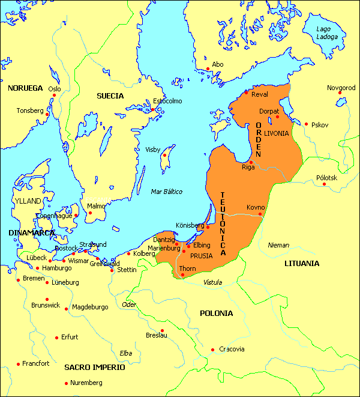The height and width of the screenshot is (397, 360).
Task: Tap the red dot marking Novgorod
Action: point(340,93)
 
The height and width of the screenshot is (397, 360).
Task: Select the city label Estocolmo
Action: point(167,101)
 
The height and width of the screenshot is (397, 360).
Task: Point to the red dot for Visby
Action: point(164,156)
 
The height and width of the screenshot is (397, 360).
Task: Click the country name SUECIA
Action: point(110,95)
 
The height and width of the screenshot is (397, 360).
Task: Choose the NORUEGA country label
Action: point(25,88)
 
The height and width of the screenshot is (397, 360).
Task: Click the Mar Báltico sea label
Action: point(166,192)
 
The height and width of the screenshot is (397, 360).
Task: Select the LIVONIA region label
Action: point(276,133)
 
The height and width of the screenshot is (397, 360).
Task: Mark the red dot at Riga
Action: point(251,162)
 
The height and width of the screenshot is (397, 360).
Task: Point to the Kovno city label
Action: point(255,208)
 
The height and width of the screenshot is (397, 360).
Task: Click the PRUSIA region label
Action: point(202,255)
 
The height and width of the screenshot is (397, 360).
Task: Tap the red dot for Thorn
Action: point(181,275)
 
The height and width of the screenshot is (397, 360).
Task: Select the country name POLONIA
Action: point(216,313)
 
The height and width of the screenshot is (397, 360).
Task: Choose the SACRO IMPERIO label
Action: point(95,367)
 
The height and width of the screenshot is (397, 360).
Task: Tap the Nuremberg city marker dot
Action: point(66,383)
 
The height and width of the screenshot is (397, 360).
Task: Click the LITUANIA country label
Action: point(302,262)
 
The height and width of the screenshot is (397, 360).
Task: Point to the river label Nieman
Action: point(278,245)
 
